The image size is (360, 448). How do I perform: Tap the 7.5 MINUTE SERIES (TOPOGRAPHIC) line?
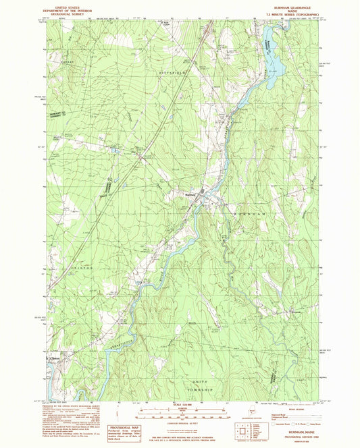point(285,11)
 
